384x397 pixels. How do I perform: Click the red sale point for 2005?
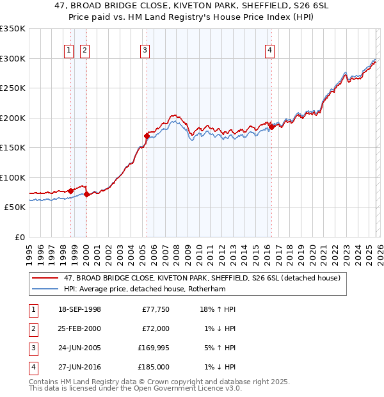(x=147, y=136)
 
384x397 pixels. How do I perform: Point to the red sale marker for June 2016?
(x=271, y=127)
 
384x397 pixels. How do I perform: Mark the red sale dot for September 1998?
(x=71, y=191)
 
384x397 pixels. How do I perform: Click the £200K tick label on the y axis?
(x=12, y=118)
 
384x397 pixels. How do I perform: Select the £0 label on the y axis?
(x=19, y=237)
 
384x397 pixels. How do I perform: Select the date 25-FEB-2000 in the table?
(x=79, y=328)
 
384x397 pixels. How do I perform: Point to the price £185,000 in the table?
(x=154, y=367)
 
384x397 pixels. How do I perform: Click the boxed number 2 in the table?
(x=33, y=328)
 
